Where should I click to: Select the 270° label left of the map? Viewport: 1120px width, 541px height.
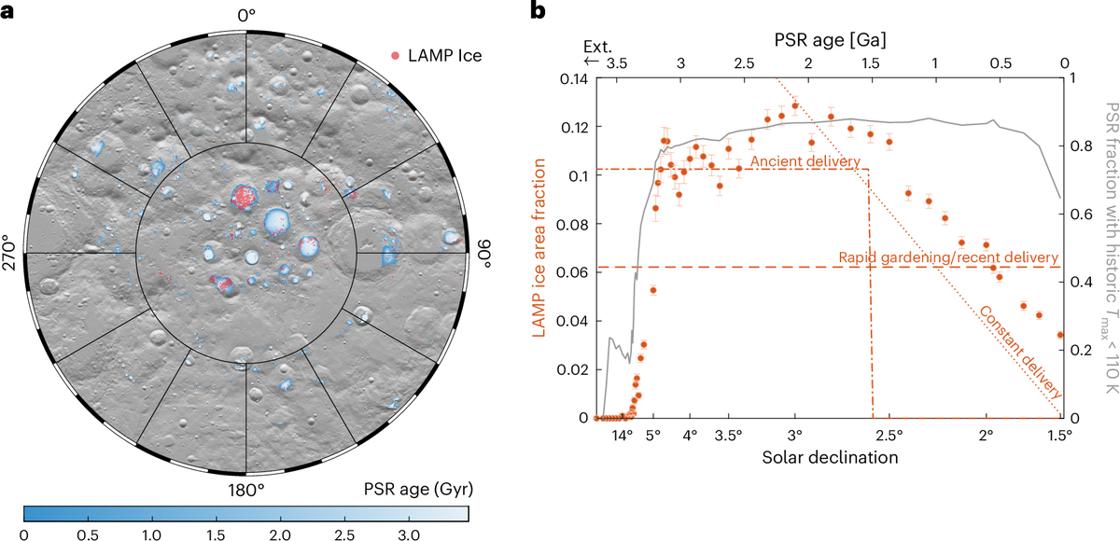pyautogui.click(x=13, y=253)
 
